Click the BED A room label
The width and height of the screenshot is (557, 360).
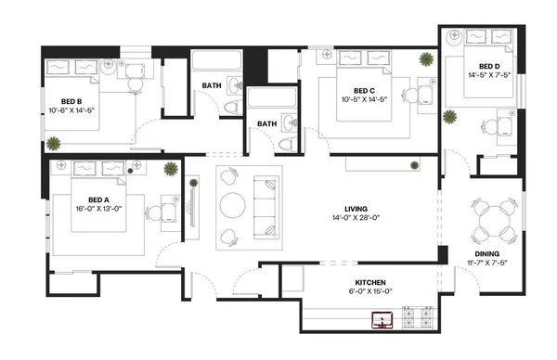tap(98, 199)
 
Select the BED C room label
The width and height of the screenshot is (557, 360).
tap(363, 89)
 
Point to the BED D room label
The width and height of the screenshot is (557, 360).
tap(489, 66)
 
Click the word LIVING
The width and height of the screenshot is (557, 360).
tap(336, 208)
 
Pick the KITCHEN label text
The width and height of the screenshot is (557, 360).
tap(370, 282)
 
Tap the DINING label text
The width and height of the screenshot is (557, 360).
tap(487, 253)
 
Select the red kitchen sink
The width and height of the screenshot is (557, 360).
tap(381, 320)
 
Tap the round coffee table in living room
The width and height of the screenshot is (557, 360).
tap(232, 203)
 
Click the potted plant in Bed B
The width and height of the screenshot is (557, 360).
tap(53, 143)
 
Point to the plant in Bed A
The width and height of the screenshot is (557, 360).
tap(171, 168)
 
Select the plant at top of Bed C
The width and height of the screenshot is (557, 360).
tap(425, 59)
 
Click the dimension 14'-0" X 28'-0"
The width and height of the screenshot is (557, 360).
tap(336, 218)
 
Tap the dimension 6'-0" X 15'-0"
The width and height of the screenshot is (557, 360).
tap(370, 291)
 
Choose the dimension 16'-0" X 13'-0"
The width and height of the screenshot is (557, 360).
tap(98, 209)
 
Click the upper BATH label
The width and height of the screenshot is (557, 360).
tap(211, 87)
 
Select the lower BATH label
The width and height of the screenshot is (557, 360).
tap(267, 123)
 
